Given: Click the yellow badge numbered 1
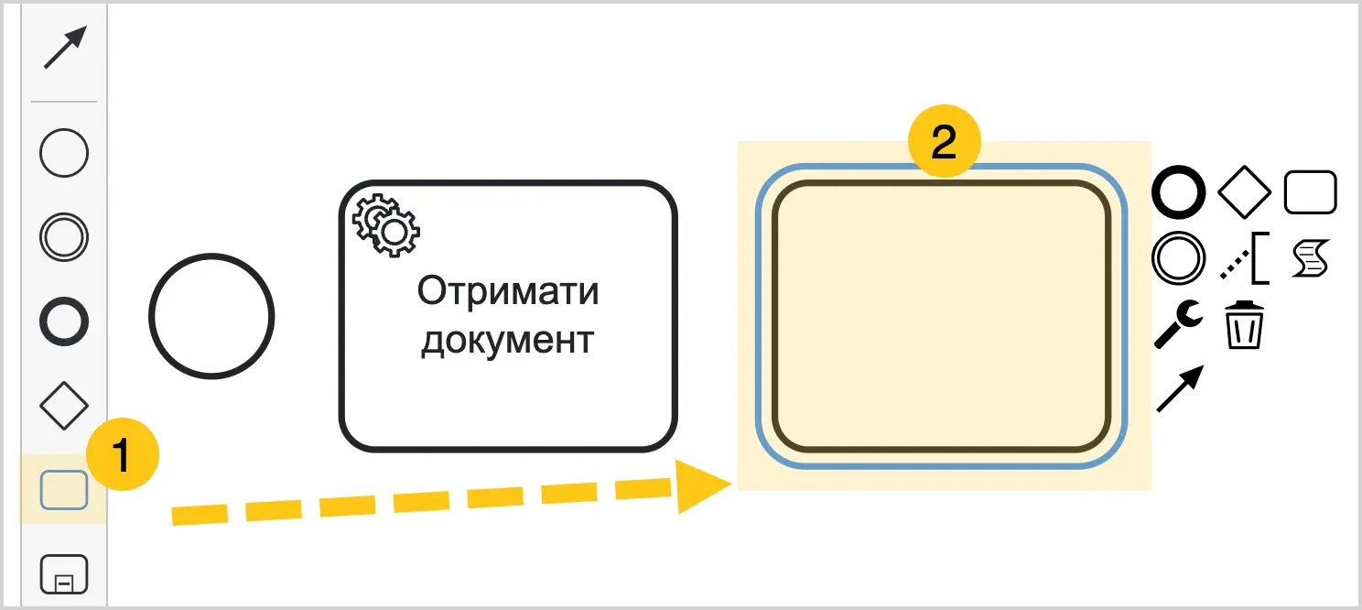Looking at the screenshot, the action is tap(123, 454).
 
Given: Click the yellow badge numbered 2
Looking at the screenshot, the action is tap(944, 141).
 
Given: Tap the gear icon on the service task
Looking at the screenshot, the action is tap(386, 224).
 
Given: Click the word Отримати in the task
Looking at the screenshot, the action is tap(508, 291).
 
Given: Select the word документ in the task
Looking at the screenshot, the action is tap(508, 341).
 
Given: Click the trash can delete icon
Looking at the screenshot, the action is tap(1244, 325).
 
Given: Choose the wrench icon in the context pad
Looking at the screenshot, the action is tap(1178, 324).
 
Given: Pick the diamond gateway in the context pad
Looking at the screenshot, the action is tap(1244, 192).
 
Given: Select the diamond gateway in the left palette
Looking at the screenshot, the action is tap(64, 406).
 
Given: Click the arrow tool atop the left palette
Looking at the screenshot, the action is tap(65, 48).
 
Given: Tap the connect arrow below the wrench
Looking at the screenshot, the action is tap(1180, 388).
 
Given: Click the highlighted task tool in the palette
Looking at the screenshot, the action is tap(64, 490).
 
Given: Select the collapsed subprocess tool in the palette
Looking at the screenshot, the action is tap(64, 574).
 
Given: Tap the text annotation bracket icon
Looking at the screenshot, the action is tap(1245, 258).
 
